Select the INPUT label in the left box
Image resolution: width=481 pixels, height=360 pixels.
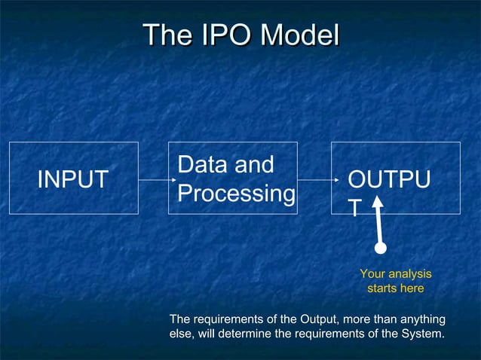73,179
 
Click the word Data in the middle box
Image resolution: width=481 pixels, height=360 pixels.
199,165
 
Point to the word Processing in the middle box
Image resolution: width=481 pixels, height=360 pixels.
236,194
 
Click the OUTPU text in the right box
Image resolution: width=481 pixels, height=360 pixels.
389,181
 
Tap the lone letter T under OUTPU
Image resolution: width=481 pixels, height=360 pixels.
354,209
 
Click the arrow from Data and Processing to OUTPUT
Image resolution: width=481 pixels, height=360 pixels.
315,180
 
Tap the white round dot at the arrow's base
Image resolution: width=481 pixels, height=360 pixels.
381,247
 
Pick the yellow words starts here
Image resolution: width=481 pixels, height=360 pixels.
395,288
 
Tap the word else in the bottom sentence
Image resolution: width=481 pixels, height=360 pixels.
181,334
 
